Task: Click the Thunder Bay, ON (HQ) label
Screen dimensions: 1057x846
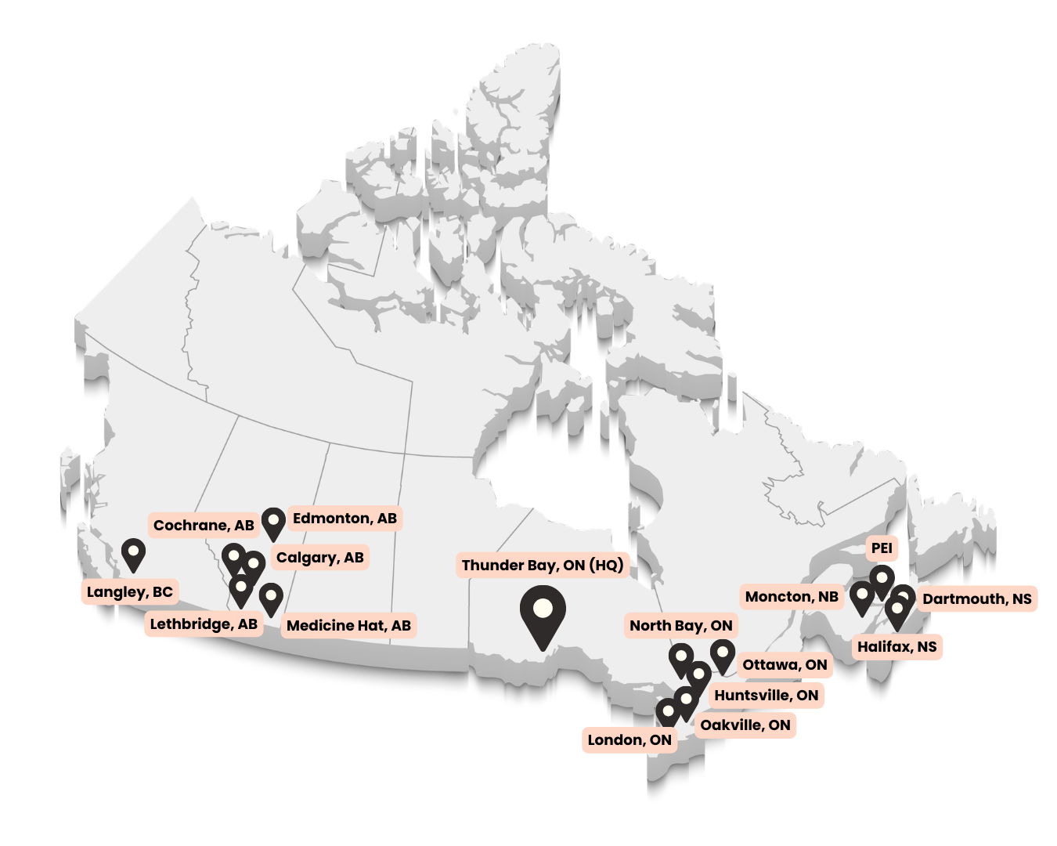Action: pyautogui.click(x=542, y=566)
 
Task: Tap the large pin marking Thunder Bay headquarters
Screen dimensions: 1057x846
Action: pyautogui.click(x=543, y=612)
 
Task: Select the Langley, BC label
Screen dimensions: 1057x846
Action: pyautogui.click(x=130, y=592)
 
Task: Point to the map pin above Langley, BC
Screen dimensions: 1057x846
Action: pyautogui.click(x=134, y=554)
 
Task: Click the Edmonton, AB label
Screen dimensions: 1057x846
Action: pyautogui.click(x=345, y=519)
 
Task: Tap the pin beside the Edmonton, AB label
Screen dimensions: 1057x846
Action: pyautogui.click(x=272, y=521)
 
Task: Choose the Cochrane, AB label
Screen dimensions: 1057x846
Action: pyautogui.click(x=204, y=526)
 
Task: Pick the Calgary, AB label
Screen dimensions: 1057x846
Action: pyautogui.click(x=319, y=558)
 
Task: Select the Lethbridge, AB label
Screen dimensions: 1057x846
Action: pyautogui.click(x=204, y=624)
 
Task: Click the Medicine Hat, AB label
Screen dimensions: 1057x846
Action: pyautogui.click(x=348, y=626)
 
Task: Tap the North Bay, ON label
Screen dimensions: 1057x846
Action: pyautogui.click(x=681, y=625)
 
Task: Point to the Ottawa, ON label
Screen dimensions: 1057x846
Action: pyautogui.click(x=785, y=665)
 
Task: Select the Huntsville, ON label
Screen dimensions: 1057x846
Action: pyautogui.click(x=766, y=696)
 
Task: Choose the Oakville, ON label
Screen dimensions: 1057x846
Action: pyautogui.click(x=745, y=725)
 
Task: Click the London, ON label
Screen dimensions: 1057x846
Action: pyautogui.click(x=630, y=740)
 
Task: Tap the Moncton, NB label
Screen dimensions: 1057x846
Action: pyautogui.click(x=792, y=597)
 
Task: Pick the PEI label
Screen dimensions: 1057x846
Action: pyautogui.click(x=882, y=548)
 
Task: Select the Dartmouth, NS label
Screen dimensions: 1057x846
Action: pyautogui.click(x=976, y=599)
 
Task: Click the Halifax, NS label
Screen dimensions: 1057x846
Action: pyautogui.click(x=896, y=647)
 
